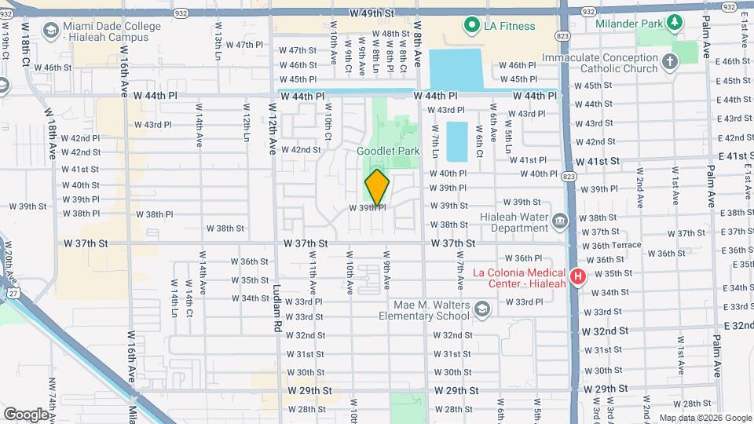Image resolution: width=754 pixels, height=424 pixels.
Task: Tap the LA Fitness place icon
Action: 472,26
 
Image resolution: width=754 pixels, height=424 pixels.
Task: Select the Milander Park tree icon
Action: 674,23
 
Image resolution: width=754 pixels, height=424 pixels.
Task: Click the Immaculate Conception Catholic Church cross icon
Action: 669,61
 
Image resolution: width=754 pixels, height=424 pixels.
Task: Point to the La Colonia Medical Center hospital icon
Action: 578,276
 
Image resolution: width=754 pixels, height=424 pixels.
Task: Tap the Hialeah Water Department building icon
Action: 559,221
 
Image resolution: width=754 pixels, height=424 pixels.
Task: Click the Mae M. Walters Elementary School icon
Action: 481,310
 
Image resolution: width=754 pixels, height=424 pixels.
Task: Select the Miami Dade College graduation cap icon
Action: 50,31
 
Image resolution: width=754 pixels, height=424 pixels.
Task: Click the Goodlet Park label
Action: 388,151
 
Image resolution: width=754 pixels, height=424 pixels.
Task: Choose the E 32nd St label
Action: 738,325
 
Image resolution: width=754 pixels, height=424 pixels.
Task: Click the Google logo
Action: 25,414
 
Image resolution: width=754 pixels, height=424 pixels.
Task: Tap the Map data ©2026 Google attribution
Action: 705,418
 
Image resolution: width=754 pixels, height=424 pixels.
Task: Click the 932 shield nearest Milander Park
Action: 588,12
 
